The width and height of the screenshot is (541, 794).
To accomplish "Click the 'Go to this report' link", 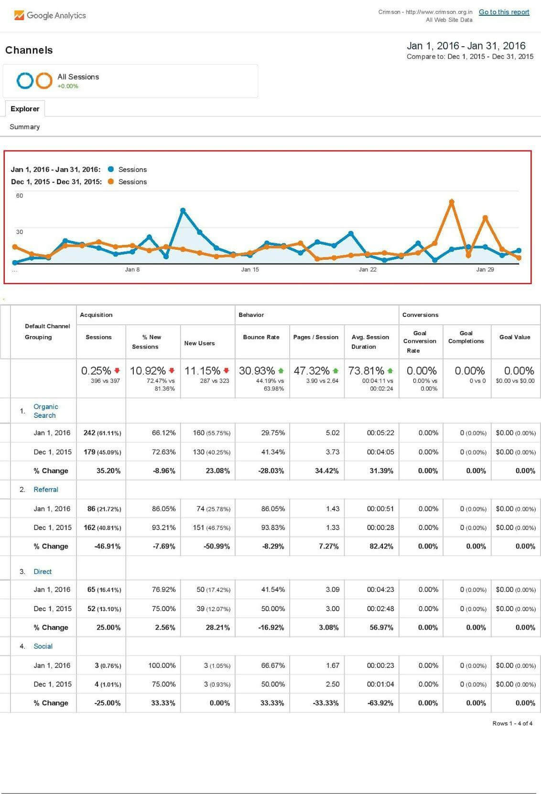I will [x=504, y=12].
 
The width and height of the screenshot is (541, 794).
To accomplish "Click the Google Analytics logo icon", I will [x=19, y=15].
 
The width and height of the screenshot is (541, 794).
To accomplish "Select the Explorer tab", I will [x=25, y=109].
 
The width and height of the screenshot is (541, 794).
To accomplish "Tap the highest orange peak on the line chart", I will [x=451, y=202].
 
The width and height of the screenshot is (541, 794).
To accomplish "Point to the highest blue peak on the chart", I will [x=183, y=210].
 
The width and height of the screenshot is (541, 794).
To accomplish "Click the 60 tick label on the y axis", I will [x=20, y=196].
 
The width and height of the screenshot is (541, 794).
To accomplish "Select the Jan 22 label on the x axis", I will [x=368, y=270].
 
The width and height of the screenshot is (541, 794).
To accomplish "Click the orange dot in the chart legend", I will [x=111, y=182].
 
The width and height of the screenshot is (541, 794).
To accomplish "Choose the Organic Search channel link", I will [x=45, y=411].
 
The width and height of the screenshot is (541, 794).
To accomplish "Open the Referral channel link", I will [x=46, y=490].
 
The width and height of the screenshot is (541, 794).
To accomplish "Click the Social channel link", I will [x=43, y=646].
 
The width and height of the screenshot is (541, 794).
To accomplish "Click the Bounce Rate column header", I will [x=261, y=337].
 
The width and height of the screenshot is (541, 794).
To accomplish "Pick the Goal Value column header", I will [x=515, y=337].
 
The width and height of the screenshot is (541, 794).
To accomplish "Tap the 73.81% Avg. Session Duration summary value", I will [x=367, y=371].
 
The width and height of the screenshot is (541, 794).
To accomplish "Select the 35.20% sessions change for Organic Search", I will [x=108, y=471].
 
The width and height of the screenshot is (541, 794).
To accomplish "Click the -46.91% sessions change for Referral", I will [x=108, y=547].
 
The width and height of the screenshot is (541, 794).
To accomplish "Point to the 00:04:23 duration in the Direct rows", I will [x=380, y=590].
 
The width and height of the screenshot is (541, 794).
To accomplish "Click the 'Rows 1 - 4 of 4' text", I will [x=512, y=723].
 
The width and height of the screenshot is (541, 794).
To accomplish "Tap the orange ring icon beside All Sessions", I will [x=44, y=81].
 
